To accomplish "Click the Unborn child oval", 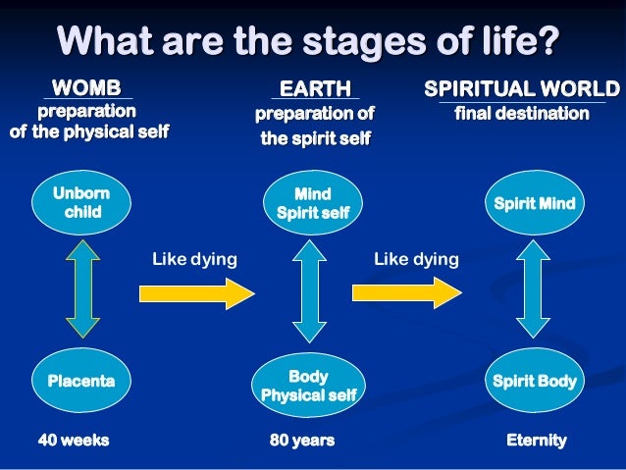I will tap(83, 203).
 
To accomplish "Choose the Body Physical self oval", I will tap(308, 386).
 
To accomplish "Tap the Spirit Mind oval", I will tap(535, 203).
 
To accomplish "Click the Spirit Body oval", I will tap(535, 379).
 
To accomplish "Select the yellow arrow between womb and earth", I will tap(197, 292).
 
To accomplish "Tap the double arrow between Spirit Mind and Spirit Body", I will tap(535, 292).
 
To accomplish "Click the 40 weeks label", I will tap(74, 441).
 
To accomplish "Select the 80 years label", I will tap(302, 441).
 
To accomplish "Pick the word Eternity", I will tap(536, 441).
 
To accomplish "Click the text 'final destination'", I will tap(522, 114).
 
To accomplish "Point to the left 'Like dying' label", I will tap(194, 259).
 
